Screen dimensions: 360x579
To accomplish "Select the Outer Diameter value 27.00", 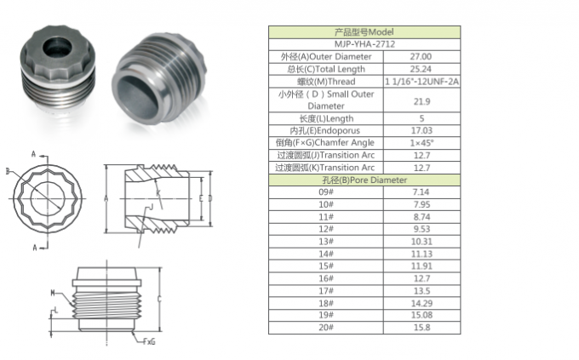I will click(422, 56).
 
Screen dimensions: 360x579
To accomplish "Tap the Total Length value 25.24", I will click(422, 68).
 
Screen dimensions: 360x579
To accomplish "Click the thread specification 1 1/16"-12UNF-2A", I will click(422, 81).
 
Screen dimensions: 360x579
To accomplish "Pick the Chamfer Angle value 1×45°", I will click(422, 144).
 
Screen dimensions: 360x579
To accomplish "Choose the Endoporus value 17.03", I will click(422, 132).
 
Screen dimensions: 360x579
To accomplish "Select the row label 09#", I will click(326, 193).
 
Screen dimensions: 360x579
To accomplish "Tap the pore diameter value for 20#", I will click(422, 328).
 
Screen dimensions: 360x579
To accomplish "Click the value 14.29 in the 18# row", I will click(422, 303).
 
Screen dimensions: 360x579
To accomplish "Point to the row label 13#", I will click(326, 242).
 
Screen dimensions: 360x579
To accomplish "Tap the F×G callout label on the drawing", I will click(149, 343).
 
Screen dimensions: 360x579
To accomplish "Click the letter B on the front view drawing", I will click(9, 171).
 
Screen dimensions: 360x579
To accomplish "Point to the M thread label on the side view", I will click(54, 292).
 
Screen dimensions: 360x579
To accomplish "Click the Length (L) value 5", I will click(422, 119).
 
